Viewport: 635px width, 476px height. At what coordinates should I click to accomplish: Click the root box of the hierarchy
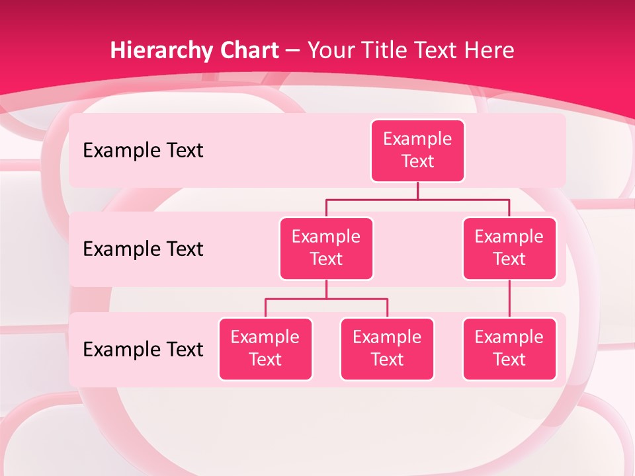coord(417,150)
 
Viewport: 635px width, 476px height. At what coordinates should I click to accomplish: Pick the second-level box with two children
coord(326,248)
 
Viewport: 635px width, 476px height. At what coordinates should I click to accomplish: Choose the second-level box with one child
coord(509,248)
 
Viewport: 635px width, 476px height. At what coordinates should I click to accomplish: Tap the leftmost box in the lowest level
coord(265,348)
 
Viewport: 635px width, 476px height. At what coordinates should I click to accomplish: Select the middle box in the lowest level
coord(387,348)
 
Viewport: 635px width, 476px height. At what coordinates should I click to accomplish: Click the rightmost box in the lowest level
coord(509,348)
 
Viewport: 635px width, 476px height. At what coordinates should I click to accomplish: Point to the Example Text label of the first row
coord(143,150)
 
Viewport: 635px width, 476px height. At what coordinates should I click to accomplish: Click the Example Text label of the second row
coord(143,249)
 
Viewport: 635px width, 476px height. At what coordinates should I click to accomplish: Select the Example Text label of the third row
coord(143,349)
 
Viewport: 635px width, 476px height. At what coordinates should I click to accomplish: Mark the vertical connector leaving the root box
coord(417,190)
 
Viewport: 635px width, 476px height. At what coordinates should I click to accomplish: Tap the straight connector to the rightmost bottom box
coord(509,299)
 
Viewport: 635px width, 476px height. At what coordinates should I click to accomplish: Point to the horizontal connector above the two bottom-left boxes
coord(326,299)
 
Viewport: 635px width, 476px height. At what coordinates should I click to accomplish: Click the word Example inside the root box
coord(417,139)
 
